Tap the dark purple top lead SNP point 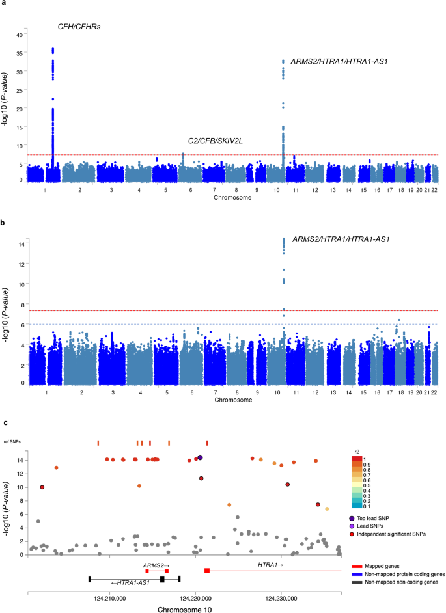(x=201, y=458)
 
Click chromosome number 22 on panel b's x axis (x=434, y=394)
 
